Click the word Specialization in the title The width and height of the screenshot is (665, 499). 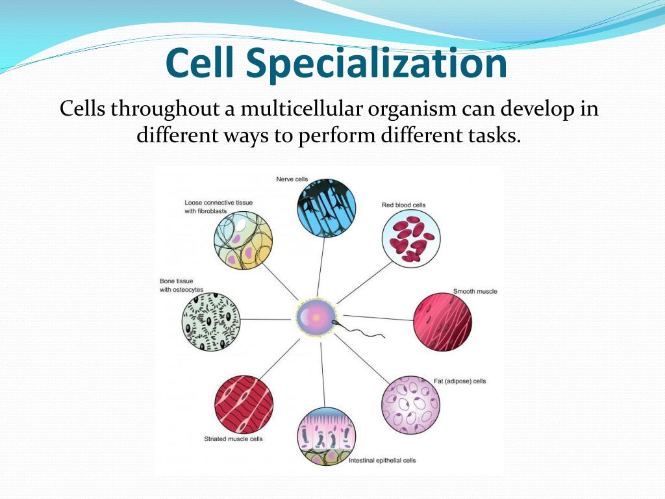(377, 64)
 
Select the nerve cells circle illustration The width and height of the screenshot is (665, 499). (326, 206)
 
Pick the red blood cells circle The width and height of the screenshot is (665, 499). (410, 238)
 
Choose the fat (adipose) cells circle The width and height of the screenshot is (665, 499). (410, 405)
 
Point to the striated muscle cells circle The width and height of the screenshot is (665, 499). (244, 404)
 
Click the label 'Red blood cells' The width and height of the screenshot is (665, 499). (404, 205)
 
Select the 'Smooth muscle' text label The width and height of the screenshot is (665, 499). (475, 291)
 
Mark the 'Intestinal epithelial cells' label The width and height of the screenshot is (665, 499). (382, 461)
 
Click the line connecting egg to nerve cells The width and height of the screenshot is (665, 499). (321, 266)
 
